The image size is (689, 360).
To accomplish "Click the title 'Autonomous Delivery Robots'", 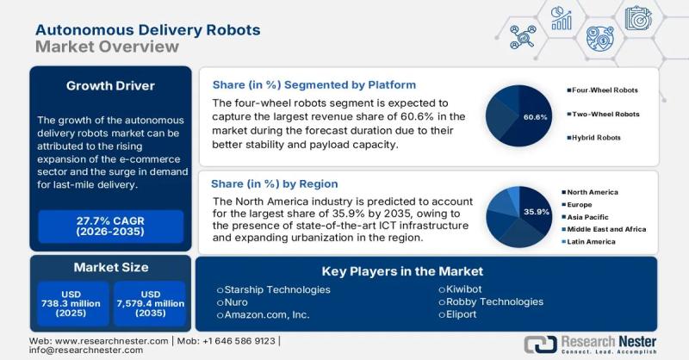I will point(147,28).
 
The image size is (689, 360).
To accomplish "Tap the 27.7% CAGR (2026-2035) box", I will point(110,227).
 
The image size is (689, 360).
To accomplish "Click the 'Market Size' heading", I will point(110,267).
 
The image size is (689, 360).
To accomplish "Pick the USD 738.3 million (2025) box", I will point(72,302).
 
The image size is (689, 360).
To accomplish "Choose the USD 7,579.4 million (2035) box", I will point(150,302).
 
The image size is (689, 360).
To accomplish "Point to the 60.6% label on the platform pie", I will point(536,116).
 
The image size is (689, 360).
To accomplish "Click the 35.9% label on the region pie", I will point(536,211).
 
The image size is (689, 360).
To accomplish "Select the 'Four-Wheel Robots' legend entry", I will point(605,90).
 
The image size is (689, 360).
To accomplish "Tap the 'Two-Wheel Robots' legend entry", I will point(605,114).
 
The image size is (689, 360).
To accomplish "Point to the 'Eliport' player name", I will point(466,315).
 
